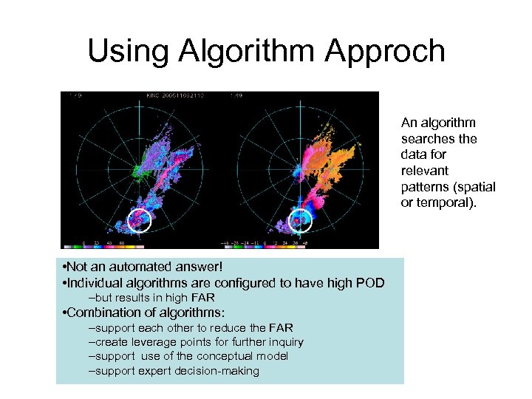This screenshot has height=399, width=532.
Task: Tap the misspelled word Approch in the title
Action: [x=381, y=52]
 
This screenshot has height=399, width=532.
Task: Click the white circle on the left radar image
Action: [x=139, y=219]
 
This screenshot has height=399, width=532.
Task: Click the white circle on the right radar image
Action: [x=299, y=219]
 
